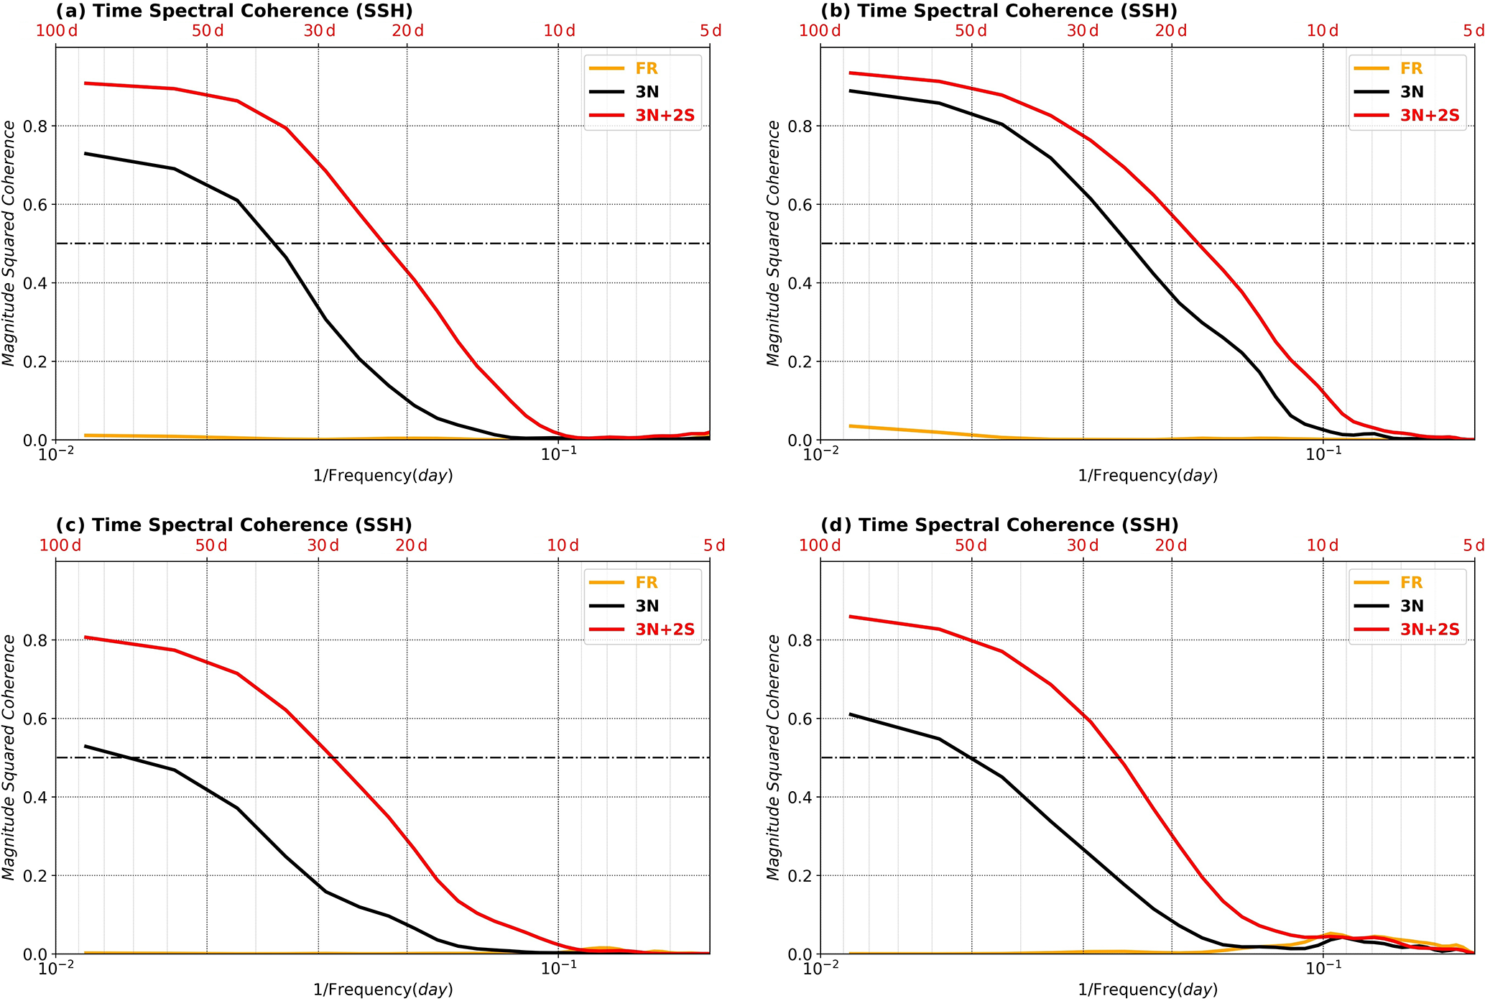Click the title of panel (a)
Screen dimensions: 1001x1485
click(x=234, y=11)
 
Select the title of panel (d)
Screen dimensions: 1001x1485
click(x=999, y=525)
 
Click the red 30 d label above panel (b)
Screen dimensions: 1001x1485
click(x=1083, y=31)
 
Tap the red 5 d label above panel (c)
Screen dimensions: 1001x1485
click(x=714, y=545)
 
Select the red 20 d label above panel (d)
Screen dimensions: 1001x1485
click(x=1171, y=545)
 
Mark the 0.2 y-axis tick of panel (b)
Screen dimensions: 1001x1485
click(x=800, y=361)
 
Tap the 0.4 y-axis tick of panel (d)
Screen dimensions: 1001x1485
click(x=800, y=798)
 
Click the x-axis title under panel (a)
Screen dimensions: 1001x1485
click(x=383, y=476)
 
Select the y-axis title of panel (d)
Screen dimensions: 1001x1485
click(x=773, y=757)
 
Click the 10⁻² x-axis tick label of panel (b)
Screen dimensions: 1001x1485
click(x=820, y=455)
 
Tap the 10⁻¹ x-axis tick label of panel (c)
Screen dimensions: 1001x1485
click(x=558, y=969)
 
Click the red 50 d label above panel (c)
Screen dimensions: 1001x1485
click(x=211, y=545)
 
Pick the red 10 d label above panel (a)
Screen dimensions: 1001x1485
click(x=560, y=31)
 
